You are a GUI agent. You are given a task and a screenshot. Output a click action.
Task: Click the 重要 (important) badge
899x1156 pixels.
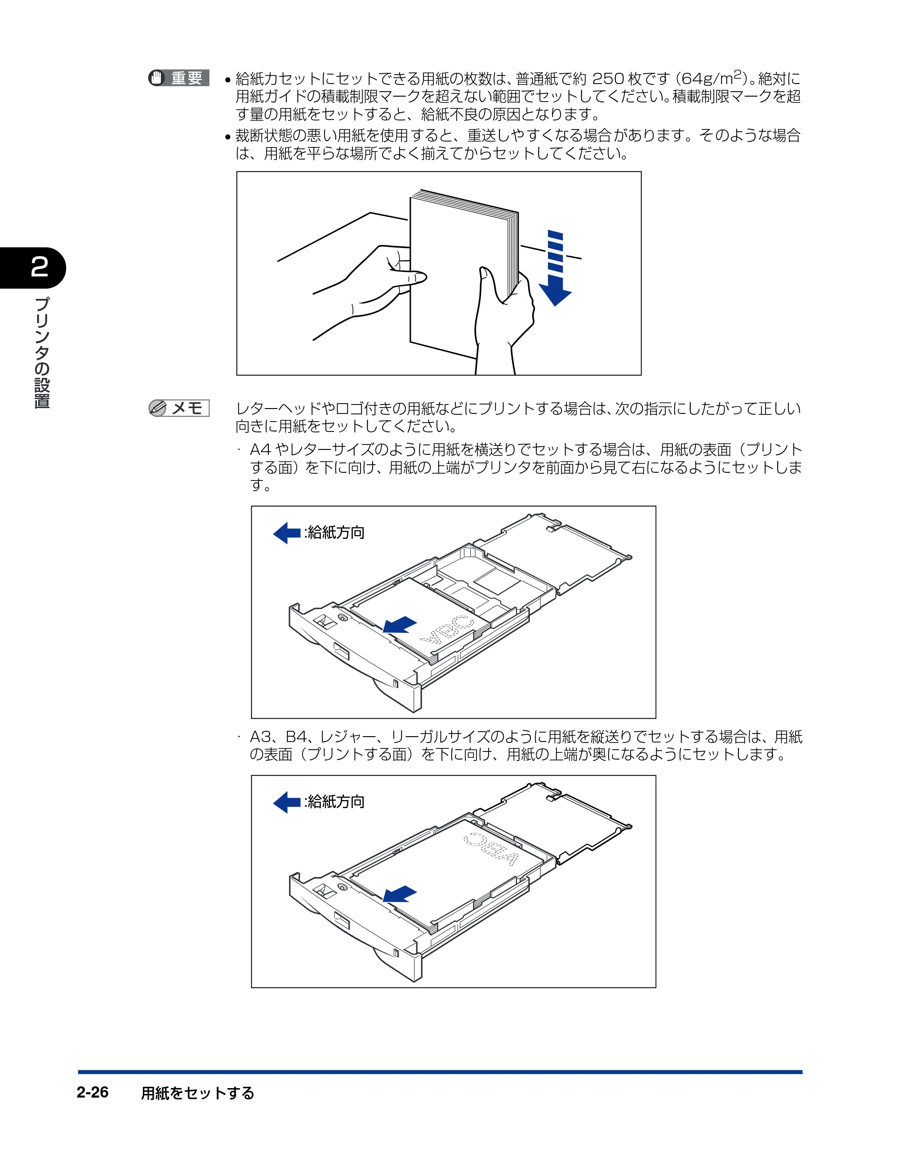click(x=179, y=78)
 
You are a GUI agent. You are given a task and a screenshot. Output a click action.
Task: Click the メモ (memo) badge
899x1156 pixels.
click(x=179, y=408)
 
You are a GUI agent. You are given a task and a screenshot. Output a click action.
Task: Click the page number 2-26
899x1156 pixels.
click(x=93, y=1093)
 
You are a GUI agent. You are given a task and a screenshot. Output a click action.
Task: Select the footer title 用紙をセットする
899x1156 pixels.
click(x=197, y=1093)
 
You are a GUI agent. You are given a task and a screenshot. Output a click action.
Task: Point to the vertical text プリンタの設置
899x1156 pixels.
click(x=42, y=352)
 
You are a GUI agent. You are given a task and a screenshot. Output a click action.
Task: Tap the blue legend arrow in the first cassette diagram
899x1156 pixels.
click(x=287, y=533)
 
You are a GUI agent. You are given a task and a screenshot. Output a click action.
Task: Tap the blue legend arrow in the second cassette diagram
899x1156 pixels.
click(x=287, y=802)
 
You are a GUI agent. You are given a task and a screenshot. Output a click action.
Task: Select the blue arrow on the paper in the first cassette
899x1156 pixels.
click(x=400, y=625)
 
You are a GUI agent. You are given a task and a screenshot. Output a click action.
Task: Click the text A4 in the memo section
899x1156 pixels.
click(x=260, y=450)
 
